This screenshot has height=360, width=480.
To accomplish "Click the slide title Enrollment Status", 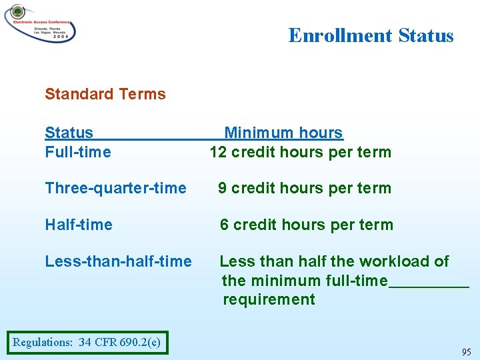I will coord(371,35).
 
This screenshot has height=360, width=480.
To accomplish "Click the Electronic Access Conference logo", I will coord(40,24).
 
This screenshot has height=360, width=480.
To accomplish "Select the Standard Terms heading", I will coord(105,94).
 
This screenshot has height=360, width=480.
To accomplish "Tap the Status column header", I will coord(69,133).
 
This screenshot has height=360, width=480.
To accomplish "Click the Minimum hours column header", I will coord(283,133).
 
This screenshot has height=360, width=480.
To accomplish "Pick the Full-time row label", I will coord(78,152).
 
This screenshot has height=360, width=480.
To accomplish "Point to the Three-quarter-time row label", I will coord(115,188).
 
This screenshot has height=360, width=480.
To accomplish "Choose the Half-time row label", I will coord(79,225).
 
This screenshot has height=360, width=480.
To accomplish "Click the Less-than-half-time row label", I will coord(118,261).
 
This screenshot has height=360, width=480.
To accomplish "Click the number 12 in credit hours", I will coord(219,152).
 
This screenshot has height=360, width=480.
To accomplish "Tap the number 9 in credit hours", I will coord(223,188).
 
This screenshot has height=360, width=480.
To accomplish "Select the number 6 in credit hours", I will coord(225,225).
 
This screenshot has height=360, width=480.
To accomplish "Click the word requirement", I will coord(269,299).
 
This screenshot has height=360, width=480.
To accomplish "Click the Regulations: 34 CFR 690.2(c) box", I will coord(87,343).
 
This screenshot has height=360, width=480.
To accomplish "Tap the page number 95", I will coord(466,352).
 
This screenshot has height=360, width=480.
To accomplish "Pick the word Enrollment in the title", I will coord(341,35).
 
